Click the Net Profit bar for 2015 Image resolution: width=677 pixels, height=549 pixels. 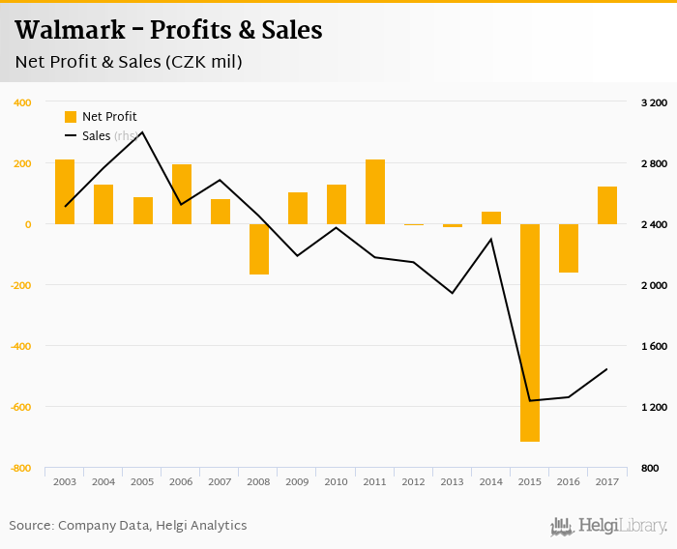[x=529, y=332]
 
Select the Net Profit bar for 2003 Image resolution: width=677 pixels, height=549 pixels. [x=65, y=191]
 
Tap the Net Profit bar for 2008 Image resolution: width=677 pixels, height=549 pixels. [x=258, y=248]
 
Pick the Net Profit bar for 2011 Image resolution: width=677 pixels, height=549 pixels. [x=374, y=191]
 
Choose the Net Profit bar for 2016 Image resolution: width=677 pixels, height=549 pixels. [x=568, y=247]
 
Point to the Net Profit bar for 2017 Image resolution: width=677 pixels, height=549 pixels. [x=606, y=205]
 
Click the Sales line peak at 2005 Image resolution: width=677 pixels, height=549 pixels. [x=142, y=132]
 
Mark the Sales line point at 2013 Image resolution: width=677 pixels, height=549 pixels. [x=452, y=293]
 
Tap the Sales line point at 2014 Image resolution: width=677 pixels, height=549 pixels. [x=491, y=239]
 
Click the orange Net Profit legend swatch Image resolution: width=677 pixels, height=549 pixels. [x=70, y=117]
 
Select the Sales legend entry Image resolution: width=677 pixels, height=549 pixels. [x=96, y=136]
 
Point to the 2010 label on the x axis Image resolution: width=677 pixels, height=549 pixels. [x=336, y=481]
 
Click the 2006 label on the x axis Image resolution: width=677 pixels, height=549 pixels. [x=181, y=481]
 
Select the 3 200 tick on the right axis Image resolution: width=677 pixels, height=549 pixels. [x=654, y=102]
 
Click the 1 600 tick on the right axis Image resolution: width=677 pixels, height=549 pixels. [x=654, y=346]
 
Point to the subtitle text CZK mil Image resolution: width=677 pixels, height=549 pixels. [x=204, y=62]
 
